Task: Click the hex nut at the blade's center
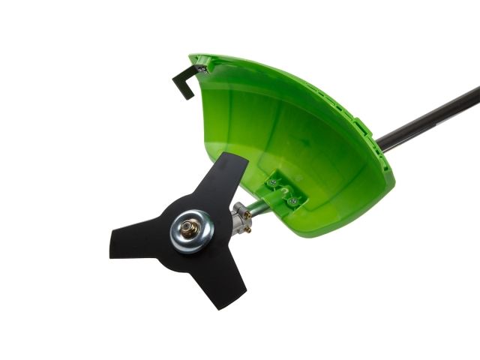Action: [188, 228]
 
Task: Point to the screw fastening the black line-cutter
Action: [201, 70]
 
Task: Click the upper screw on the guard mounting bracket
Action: [277, 182]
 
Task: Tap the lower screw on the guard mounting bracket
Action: [294, 201]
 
